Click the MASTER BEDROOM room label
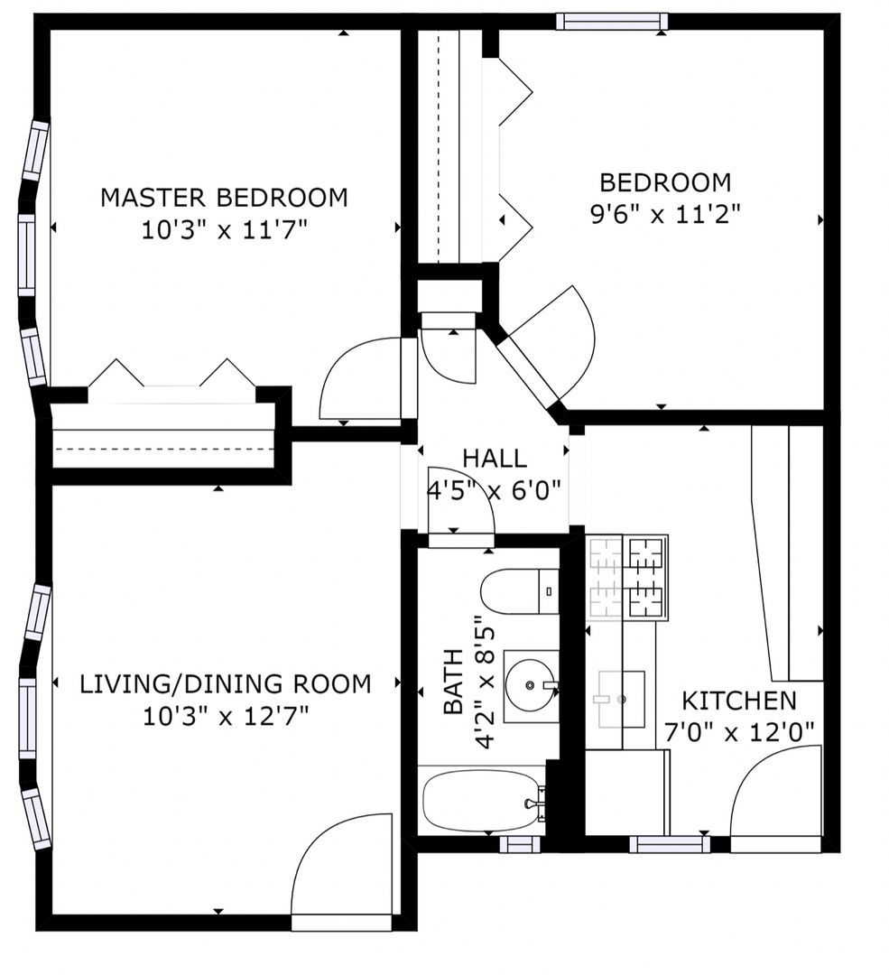pos(224,197)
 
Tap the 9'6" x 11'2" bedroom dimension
pos(664,215)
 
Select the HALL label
pos(495,459)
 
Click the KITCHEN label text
pos(738,701)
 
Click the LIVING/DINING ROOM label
pos(225,684)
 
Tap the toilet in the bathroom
pos(520,590)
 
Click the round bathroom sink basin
pos(530,685)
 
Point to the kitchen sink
pos(621,699)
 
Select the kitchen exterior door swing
pos(776,799)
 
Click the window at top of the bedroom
pos(612,22)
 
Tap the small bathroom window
pos(520,844)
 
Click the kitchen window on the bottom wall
pos(670,844)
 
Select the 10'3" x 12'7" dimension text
pos(226,716)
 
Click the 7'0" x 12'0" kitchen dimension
pos(739,732)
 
